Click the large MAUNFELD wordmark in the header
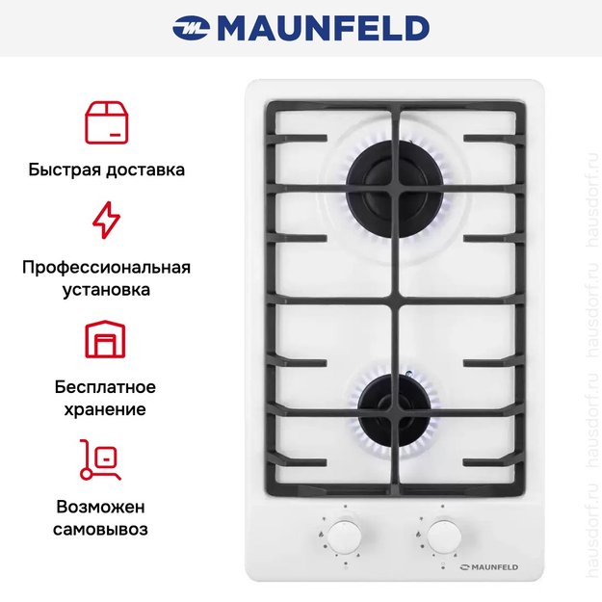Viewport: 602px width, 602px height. click(324, 28)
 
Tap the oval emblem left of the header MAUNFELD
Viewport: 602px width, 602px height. click(191, 28)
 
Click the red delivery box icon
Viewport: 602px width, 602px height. click(106, 123)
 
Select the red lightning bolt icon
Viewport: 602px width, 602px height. click(106, 220)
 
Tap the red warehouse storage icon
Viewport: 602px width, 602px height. click(105, 339)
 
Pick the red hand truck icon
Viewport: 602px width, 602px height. click(100, 459)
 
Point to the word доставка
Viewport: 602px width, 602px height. click(145, 170)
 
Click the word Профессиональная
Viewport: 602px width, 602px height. click(106, 268)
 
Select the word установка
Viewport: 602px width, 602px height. click(106, 290)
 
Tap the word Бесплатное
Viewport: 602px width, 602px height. click(105, 387)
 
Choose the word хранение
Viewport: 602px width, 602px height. click(105, 409)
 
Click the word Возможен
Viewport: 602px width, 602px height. click(100, 507)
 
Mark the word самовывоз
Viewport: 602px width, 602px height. click(100, 530)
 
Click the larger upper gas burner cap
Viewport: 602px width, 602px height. click(396, 191)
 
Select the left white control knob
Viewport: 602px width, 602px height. click(345, 536)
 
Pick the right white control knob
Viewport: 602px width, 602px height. click(444, 536)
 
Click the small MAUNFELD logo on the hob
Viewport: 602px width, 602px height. click(489, 567)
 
